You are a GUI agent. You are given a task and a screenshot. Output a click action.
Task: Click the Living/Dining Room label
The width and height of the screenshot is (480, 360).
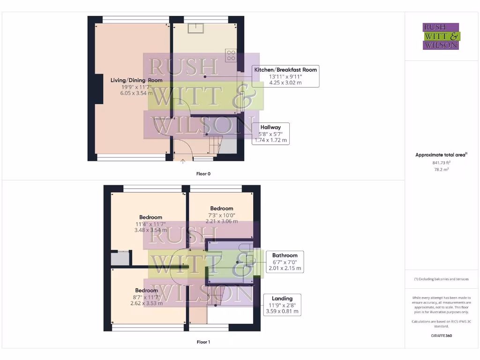click(x=136, y=80)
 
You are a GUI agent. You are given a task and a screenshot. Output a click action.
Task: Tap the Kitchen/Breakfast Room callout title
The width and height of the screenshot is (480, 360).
click(x=285, y=70)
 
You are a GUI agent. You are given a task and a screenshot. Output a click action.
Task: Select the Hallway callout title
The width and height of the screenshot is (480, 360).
click(x=270, y=127)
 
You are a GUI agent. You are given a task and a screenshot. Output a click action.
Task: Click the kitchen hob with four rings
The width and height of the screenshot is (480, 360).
click(x=231, y=55)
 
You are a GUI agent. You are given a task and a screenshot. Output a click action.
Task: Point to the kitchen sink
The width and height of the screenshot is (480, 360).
click(x=195, y=28)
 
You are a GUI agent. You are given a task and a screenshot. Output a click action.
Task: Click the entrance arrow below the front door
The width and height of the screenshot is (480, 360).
click(x=183, y=162)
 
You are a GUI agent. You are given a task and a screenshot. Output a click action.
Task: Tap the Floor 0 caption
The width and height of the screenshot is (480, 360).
click(x=203, y=174)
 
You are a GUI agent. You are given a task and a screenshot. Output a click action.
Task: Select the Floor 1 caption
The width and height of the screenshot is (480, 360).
click(x=203, y=342)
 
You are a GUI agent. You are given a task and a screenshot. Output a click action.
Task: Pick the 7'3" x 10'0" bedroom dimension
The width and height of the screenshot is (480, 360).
click(x=221, y=215)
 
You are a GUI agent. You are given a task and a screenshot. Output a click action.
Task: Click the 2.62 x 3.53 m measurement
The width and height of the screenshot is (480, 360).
click(x=146, y=303)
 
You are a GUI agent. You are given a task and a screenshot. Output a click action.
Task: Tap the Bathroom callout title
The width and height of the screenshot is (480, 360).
click(x=285, y=255)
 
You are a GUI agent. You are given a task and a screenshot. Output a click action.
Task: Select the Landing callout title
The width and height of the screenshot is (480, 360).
click(x=282, y=298)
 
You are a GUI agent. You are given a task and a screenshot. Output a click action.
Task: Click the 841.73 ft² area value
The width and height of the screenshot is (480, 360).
click(x=441, y=163)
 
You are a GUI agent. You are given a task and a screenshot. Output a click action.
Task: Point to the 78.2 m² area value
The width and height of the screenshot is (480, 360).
click(x=441, y=170)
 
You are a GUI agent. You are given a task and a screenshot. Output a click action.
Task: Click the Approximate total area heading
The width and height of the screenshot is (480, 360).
click(x=441, y=155)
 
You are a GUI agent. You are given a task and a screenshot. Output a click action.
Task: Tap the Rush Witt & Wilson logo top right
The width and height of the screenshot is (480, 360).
click(x=441, y=36)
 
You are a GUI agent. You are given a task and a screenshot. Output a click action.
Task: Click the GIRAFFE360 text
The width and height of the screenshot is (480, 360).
click(x=441, y=336)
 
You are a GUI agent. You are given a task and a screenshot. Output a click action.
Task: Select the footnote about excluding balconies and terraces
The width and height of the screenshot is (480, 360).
click(x=441, y=279)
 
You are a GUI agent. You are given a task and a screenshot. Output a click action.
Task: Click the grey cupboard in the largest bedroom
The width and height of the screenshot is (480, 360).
click(x=120, y=259)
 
